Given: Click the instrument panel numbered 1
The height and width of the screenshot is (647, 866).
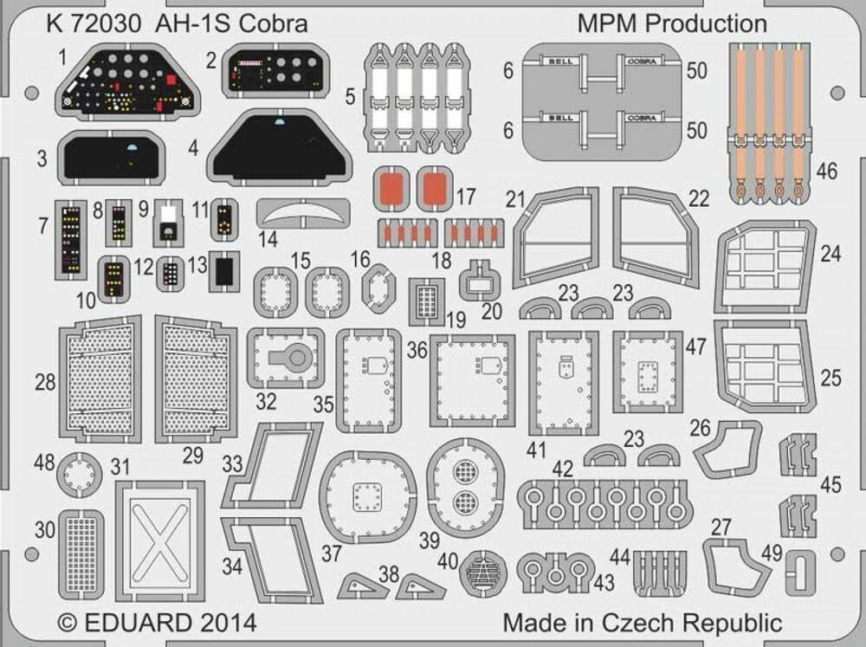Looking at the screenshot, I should point(129,90).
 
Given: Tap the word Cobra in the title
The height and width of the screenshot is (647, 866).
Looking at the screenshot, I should point(276,23).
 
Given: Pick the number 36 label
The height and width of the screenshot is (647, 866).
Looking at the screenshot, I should point(417,349).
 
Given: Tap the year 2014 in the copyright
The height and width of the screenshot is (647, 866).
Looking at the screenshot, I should point(227,622).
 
